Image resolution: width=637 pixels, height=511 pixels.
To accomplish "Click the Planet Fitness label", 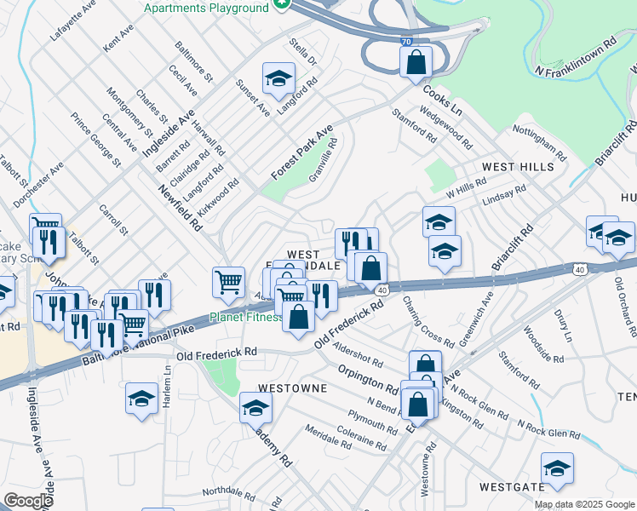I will tap(246, 318).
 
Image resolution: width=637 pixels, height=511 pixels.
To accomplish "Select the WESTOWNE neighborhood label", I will tap(293, 388).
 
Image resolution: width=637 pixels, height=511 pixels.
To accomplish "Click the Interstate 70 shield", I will tap(408, 40).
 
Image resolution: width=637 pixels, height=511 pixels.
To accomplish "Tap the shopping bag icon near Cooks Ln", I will tap(416, 61).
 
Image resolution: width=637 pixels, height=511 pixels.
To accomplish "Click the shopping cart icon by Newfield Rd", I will tap(228, 282).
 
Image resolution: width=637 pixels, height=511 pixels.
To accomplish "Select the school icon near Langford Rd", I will tap(278, 79).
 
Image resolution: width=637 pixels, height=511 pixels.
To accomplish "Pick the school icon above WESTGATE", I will tap(557, 468).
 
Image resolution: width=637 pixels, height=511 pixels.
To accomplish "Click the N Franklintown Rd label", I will tap(575, 56).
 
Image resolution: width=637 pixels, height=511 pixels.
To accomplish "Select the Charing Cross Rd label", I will tap(428, 322).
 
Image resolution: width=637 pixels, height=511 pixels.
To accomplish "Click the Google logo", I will tap(29, 501).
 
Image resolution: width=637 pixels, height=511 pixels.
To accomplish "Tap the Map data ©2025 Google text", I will tap(584, 504).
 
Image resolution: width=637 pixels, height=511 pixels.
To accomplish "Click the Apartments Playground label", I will tap(206, 8).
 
